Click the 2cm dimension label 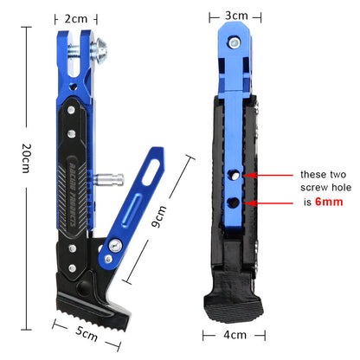click(x=75, y=17)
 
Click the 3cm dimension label click(x=236, y=16)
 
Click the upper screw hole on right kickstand click(x=233, y=175)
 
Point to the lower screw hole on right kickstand click(x=234, y=202)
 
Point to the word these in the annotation click(x=313, y=173)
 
